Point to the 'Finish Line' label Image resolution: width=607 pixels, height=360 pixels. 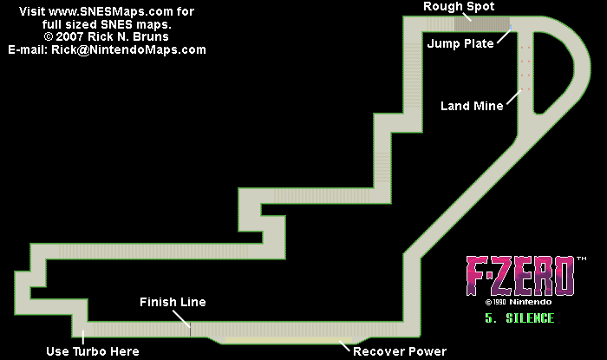click(173, 302)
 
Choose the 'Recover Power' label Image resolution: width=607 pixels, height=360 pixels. click(400, 351)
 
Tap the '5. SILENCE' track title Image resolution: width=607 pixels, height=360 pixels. click(519, 318)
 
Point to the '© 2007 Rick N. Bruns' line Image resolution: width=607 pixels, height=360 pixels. click(108, 37)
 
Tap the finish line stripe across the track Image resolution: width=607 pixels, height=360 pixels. click(190, 328)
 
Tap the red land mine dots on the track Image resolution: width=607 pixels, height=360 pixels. click(523, 65)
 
